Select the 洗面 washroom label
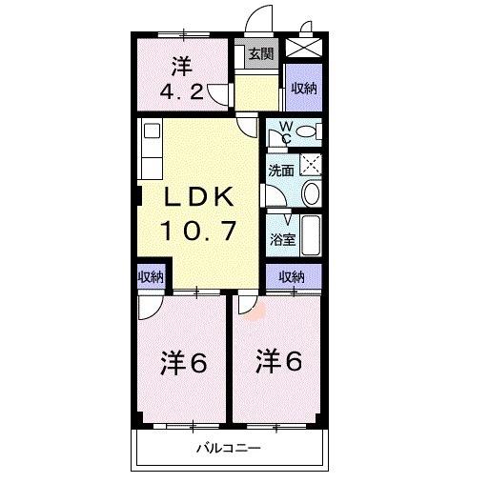(280, 171)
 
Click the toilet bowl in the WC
(305, 132)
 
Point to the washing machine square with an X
(311, 163)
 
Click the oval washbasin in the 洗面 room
(311, 194)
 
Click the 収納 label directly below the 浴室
(292, 277)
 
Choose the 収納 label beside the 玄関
(304, 89)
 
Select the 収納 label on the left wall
(151, 277)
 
